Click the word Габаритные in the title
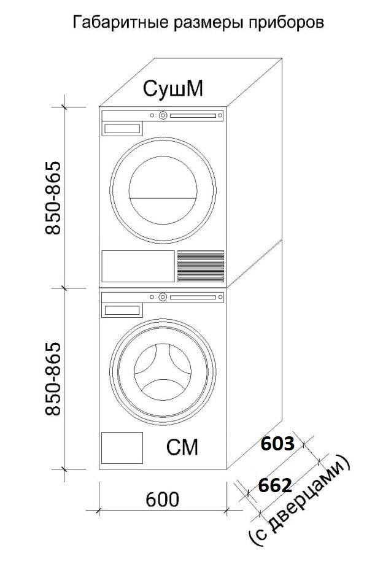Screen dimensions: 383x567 120,23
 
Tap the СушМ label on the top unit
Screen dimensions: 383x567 173,88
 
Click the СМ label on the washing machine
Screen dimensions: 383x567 182,447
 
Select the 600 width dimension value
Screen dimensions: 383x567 163,499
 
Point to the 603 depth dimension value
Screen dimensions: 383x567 278,444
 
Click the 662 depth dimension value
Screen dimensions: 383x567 275,485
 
